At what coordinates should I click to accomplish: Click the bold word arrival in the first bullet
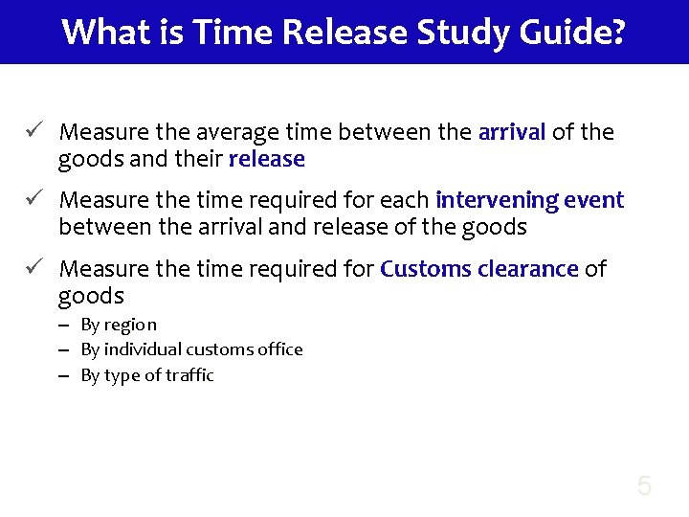click(x=511, y=131)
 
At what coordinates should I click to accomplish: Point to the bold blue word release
click(x=267, y=158)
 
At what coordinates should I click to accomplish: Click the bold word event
click(x=593, y=200)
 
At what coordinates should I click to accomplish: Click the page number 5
click(x=644, y=486)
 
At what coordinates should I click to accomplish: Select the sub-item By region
click(x=119, y=326)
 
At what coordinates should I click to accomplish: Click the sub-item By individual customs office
click(x=191, y=349)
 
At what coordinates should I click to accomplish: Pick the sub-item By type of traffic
click(x=147, y=375)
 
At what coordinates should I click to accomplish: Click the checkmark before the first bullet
click(x=33, y=130)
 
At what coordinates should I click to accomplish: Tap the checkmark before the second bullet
click(x=33, y=199)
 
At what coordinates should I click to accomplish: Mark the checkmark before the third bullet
click(x=33, y=268)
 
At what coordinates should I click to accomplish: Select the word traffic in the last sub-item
click(x=189, y=375)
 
